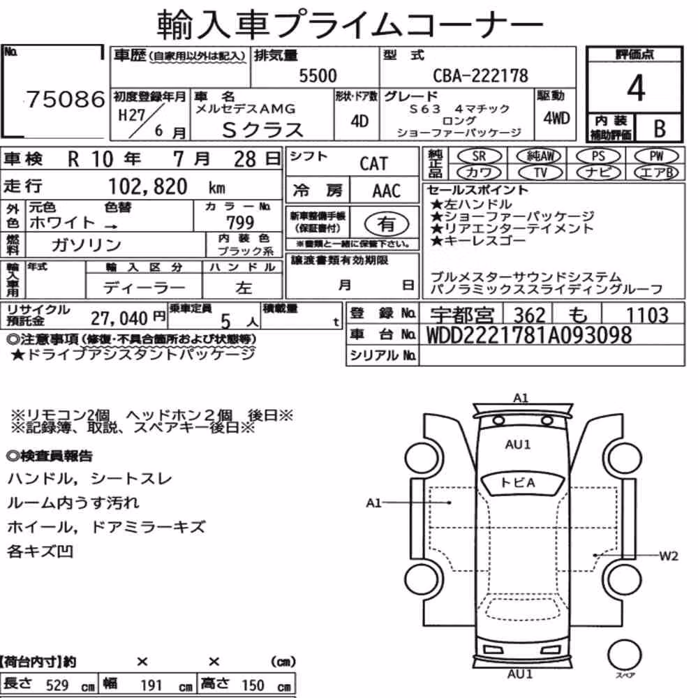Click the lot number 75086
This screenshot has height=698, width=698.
point(66,99)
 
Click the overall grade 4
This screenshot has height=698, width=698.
point(635,88)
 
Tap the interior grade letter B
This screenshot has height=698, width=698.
point(660,128)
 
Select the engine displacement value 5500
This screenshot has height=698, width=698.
point(318,76)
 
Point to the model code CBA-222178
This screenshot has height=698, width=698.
point(480,75)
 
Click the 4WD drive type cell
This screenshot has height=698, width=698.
point(556,119)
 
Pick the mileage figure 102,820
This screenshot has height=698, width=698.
point(148,186)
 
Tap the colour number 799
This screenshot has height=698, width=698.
point(240,222)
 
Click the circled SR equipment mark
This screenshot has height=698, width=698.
point(480,156)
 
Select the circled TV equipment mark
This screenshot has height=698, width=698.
point(540,172)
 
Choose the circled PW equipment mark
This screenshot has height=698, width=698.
point(656,156)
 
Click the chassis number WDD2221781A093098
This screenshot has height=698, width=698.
point(529,335)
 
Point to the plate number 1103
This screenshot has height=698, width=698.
point(647,315)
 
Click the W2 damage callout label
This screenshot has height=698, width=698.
point(668,556)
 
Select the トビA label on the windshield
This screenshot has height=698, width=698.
point(518,482)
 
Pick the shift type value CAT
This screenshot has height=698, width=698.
point(373,164)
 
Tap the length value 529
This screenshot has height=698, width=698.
point(57,685)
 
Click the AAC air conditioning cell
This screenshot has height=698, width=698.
point(386,191)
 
